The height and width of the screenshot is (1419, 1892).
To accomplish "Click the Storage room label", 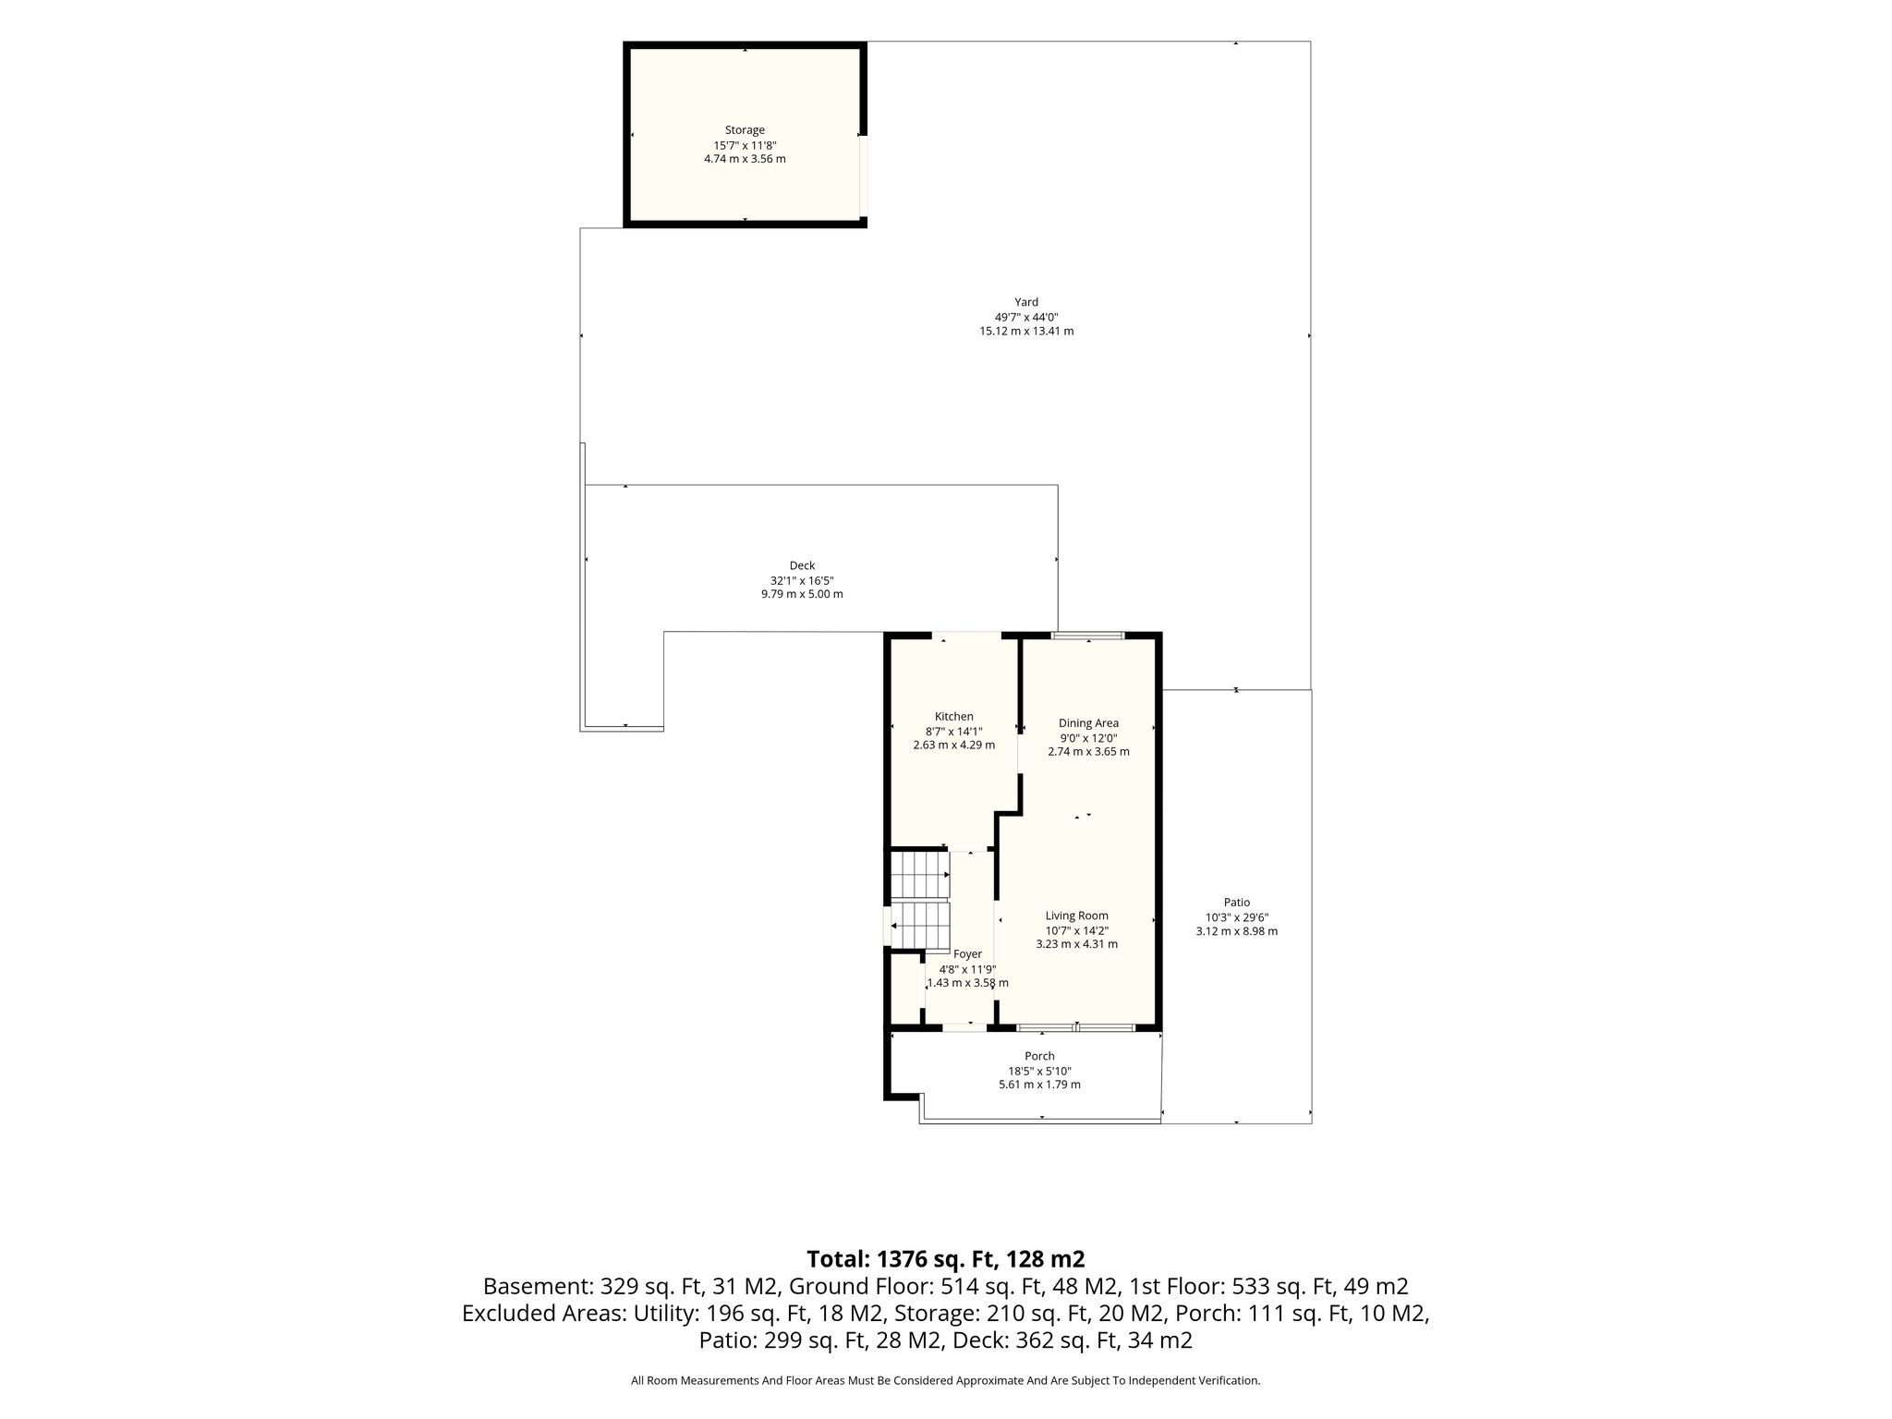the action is click(x=745, y=130).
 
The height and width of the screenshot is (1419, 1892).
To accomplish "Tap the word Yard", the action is click(x=1026, y=302).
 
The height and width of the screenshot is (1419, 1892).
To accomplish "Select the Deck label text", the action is click(x=802, y=565).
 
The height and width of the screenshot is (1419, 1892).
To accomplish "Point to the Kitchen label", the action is click(x=954, y=717).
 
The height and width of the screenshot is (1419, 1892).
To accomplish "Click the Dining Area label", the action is click(x=1088, y=723).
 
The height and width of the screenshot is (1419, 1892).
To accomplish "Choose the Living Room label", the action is click(x=1077, y=916).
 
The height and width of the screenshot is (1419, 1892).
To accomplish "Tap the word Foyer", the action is click(x=967, y=954).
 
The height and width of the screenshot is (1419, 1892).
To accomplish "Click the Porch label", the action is click(x=1039, y=1056).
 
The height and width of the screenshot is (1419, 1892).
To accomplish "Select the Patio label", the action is click(x=1237, y=903).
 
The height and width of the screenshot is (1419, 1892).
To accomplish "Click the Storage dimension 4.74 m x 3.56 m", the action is click(x=745, y=159).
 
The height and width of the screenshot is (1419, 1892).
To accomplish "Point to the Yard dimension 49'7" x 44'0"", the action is click(x=1026, y=317).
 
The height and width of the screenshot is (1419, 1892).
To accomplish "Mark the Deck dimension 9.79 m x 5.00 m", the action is click(x=802, y=594).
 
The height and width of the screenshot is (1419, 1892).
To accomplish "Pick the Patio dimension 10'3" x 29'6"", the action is click(x=1237, y=917).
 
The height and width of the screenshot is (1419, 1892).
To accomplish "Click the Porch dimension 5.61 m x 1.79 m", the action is click(x=1039, y=1085).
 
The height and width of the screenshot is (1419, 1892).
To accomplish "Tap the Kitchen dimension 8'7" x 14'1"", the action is click(x=954, y=731).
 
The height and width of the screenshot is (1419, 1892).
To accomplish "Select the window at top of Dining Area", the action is click(x=1088, y=636).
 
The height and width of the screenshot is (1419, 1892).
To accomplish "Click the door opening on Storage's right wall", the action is click(x=863, y=176).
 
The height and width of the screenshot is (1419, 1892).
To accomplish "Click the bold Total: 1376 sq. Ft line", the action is click(x=945, y=1259).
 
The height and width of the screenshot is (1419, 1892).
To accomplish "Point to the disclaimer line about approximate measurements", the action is click(x=945, y=1381).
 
